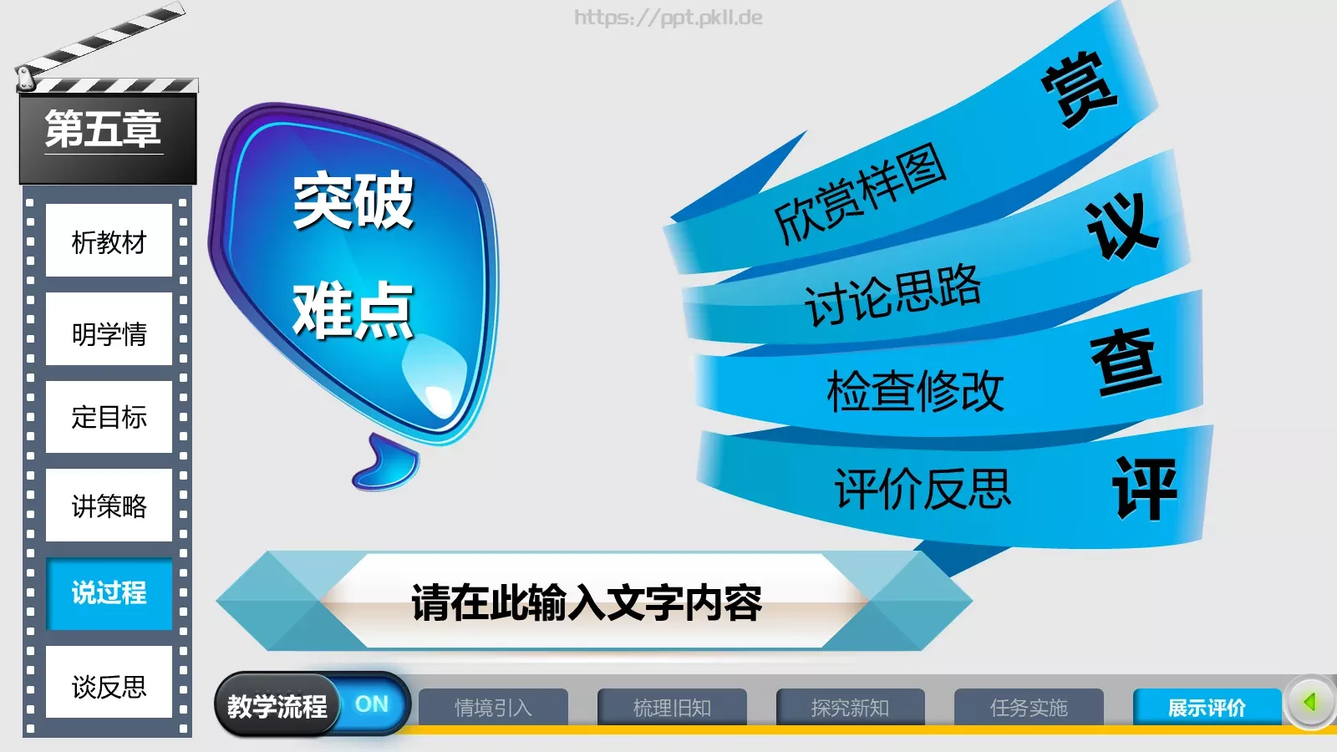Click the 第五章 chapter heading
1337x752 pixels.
coord(103,130)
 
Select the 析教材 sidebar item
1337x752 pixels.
coord(109,241)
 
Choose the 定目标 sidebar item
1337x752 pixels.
coord(109,417)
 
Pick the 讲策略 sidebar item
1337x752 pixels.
coord(109,506)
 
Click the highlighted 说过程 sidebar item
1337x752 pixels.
coord(109,593)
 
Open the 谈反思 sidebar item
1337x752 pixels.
coord(109,686)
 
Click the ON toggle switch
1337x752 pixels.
coord(372,704)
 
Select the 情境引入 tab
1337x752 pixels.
coord(493,708)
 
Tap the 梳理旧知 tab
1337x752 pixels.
coord(672,708)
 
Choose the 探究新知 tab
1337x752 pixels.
coord(850,708)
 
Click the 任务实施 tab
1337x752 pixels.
coord(1029,708)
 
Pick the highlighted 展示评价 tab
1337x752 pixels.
coord(1207,708)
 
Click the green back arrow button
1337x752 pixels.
coord(1309,702)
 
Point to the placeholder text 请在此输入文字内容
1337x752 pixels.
coord(587,602)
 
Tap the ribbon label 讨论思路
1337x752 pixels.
coord(892,295)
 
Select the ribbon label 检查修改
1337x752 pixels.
coord(915,391)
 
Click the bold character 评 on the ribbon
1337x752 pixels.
coord(1144,489)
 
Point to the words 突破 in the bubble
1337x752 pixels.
coord(353,201)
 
